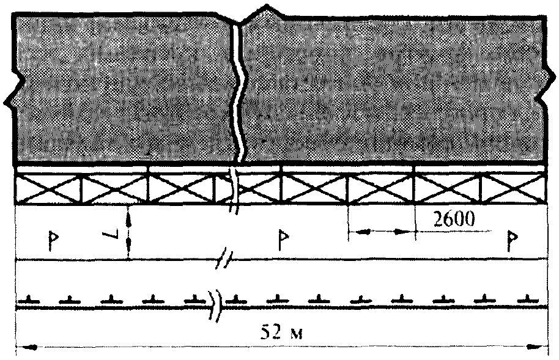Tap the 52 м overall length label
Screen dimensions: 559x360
(x=281, y=332)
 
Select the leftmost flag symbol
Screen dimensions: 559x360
(x=53, y=241)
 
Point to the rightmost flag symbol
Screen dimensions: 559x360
(x=513, y=241)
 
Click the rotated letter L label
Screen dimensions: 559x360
(x=109, y=236)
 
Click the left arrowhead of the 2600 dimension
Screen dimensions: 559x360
(x=358, y=232)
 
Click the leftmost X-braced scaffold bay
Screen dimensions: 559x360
(x=48, y=189)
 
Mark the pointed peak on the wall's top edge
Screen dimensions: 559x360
(x=266, y=6)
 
